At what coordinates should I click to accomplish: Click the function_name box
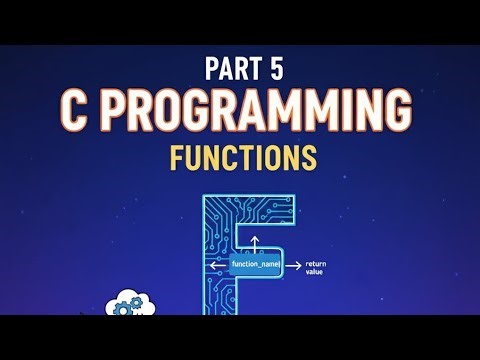tap(255, 264)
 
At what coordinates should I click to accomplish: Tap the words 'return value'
tap(315, 267)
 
